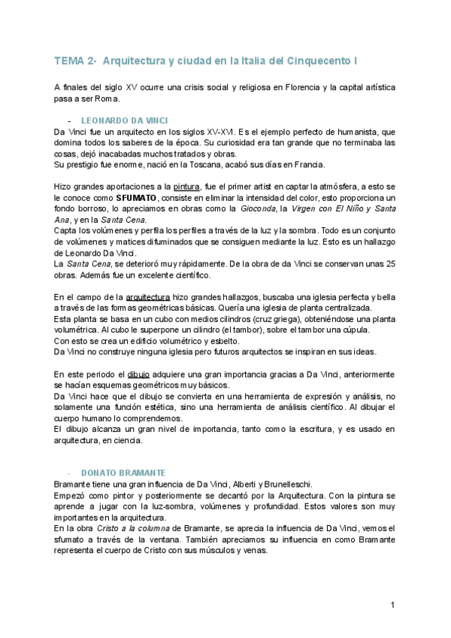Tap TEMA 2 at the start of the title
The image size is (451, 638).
click(74, 60)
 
